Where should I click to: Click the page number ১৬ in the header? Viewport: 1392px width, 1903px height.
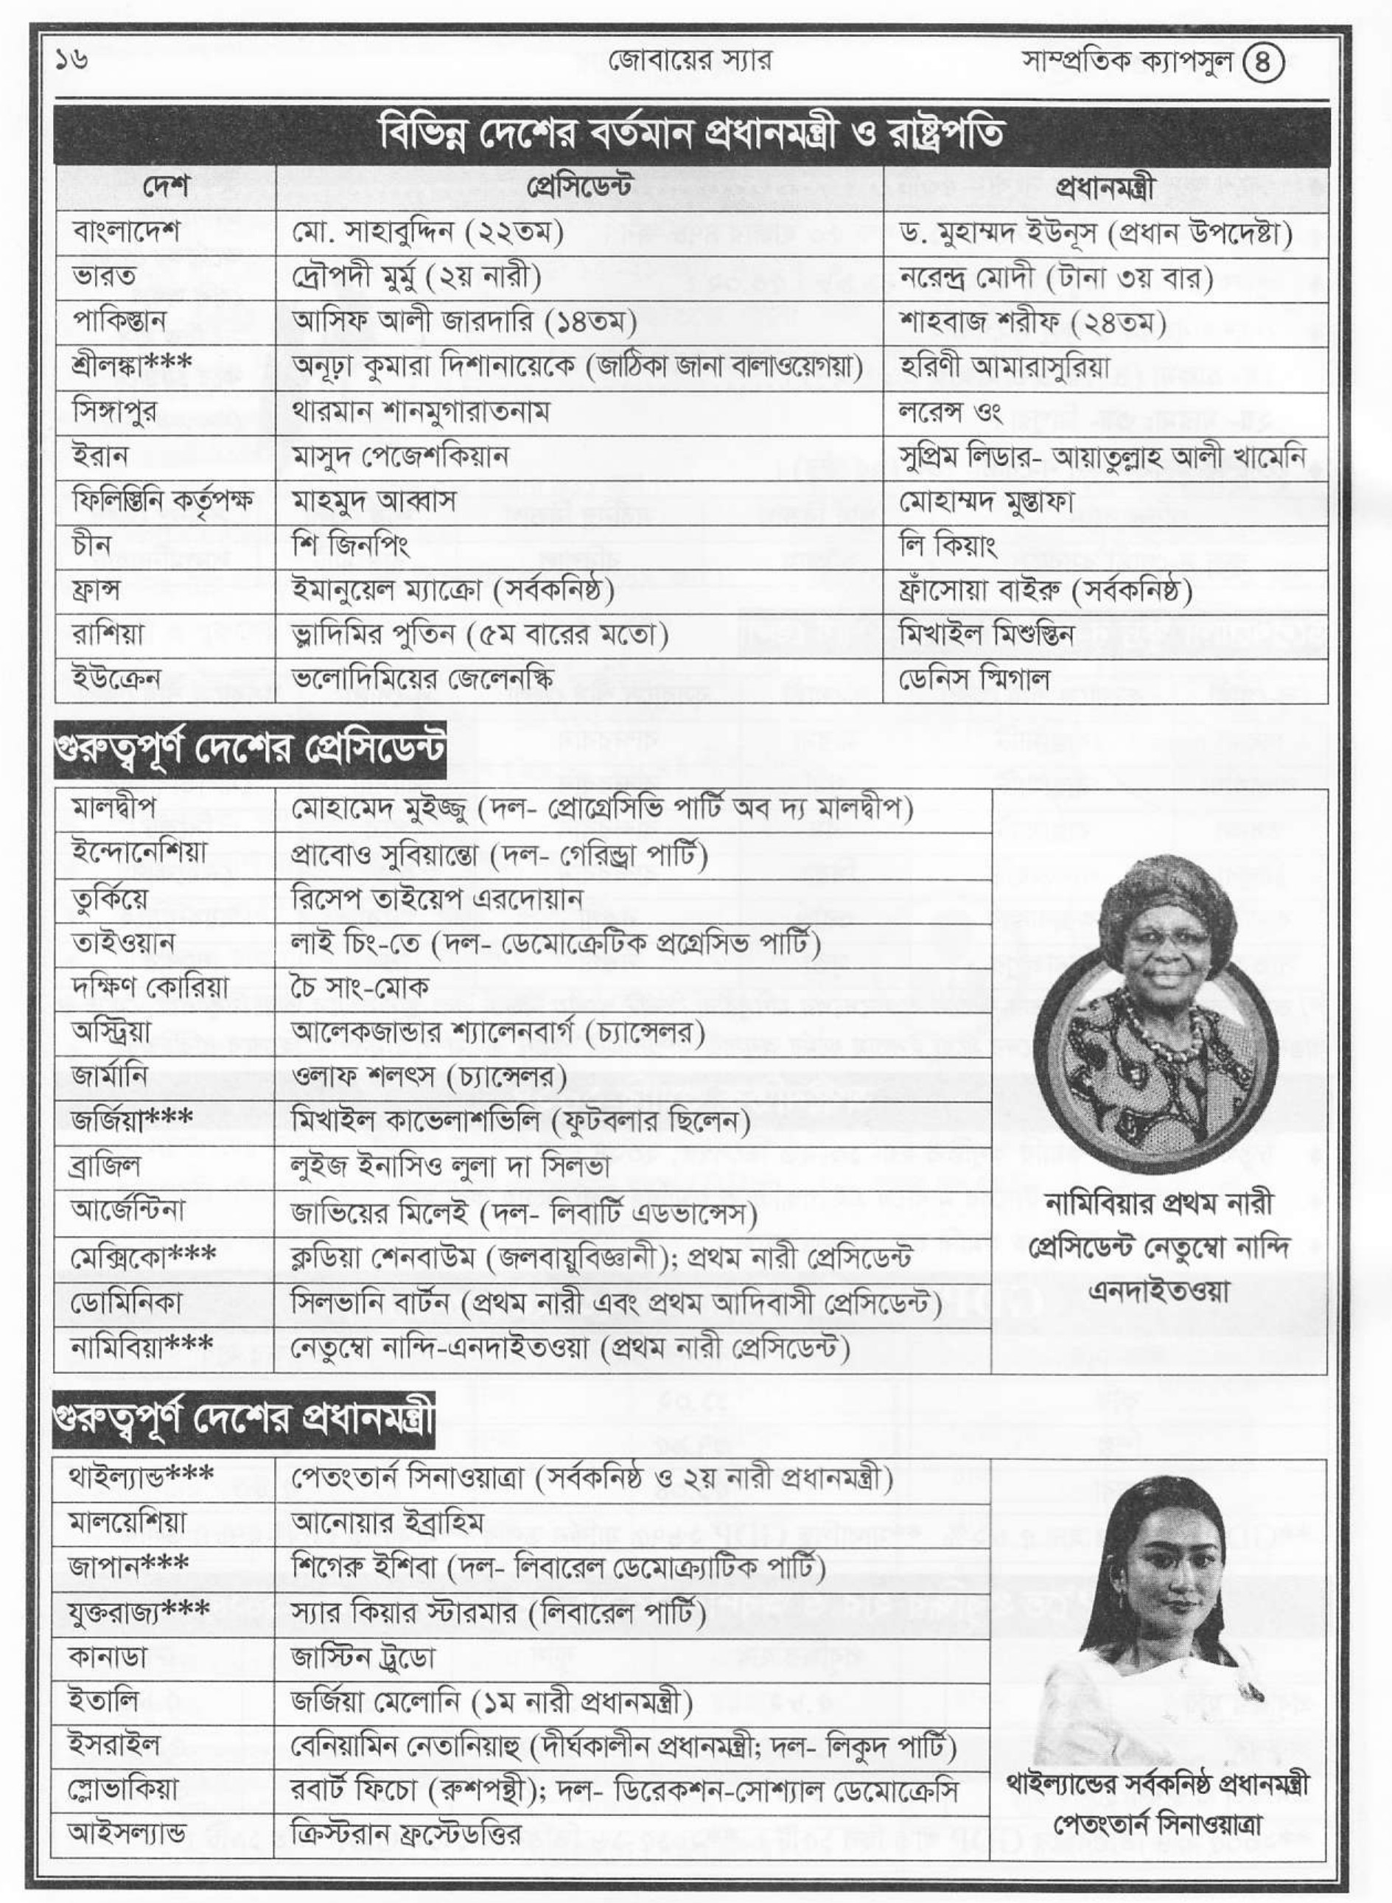(x=72, y=60)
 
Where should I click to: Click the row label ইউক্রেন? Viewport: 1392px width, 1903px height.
(x=116, y=679)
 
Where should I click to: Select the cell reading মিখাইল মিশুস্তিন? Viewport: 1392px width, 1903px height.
(x=987, y=634)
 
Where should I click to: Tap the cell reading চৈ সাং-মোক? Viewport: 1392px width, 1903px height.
(x=360, y=986)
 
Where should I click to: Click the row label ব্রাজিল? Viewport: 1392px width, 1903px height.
(x=106, y=1167)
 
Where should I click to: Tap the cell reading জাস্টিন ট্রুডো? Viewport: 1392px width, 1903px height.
(x=363, y=1658)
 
